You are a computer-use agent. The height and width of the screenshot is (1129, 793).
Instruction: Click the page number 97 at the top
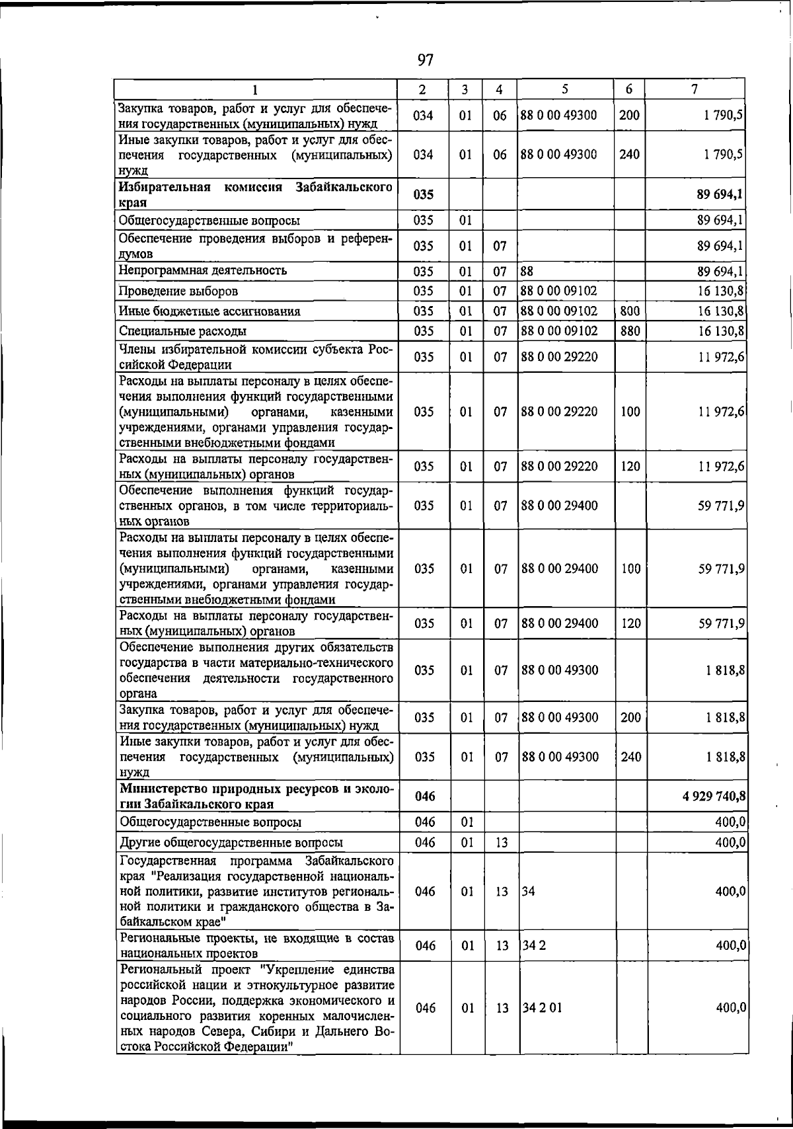426,61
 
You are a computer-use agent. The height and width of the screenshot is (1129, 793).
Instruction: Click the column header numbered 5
565,89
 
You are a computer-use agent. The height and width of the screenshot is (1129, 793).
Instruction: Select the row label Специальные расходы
183,331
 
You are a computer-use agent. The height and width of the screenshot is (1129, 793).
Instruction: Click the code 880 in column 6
630,331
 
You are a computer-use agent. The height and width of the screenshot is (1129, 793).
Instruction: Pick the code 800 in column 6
630,311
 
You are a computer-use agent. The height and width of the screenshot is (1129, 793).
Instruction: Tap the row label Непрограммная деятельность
203,270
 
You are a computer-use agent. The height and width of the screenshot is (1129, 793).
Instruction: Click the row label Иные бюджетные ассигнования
209,311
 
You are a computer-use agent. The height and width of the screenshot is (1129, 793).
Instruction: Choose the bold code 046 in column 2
425,797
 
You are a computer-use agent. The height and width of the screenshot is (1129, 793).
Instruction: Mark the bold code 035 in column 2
423,194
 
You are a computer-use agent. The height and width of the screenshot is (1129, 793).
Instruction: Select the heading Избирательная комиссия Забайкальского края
255,194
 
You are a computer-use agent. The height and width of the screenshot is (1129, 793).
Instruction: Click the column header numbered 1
254,89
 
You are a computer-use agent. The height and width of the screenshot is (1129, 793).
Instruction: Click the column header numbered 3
465,89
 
